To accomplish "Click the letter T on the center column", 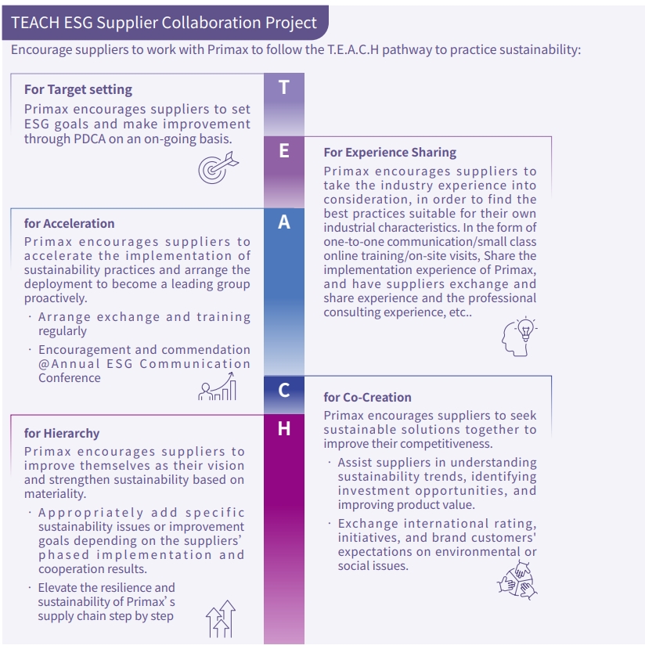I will [x=283, y=88].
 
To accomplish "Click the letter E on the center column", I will [x=283, y=151].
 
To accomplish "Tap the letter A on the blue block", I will [x=283, y=222].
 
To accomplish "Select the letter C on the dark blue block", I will [x=283, y=389].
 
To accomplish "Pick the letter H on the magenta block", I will [x=283, y=428].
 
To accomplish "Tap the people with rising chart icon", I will [x=218, y=386].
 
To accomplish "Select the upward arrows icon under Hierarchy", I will [x=220, y=619].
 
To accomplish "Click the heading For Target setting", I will [x=78, y=90].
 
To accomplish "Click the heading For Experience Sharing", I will [x=390, y=152].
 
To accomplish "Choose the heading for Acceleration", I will [x=70, y=224].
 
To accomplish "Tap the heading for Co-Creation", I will [x=367, y=397].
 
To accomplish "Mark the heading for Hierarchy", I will [x=62, y=433].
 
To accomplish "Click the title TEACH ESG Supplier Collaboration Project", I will [x=164, y=23].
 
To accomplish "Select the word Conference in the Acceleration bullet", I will [x=70, y=377].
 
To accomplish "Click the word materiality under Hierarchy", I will [x=55, y=494].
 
